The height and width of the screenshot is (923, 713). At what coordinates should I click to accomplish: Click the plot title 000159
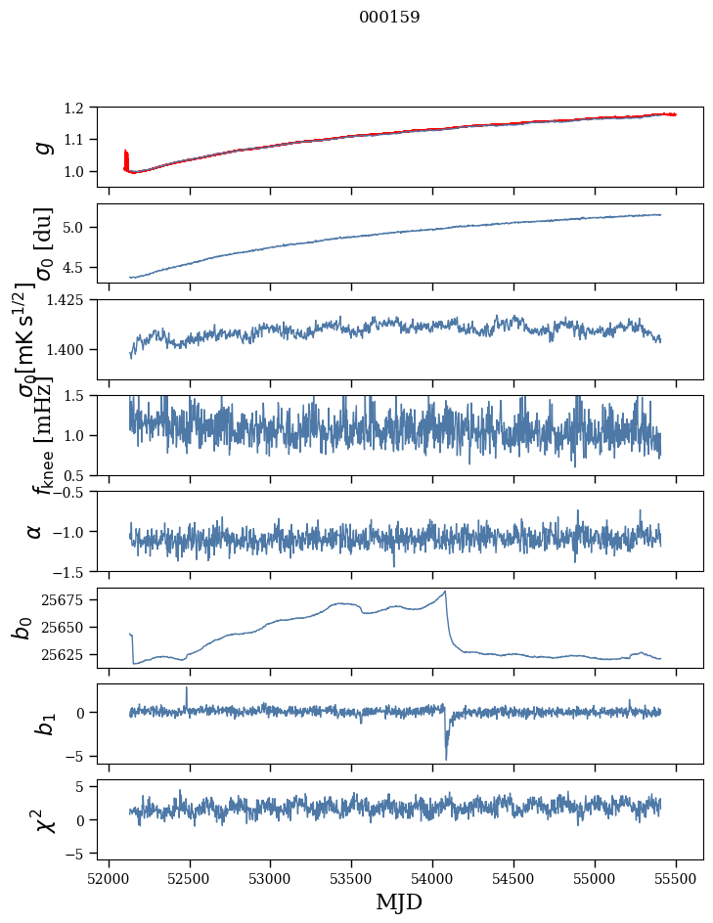[389, 17]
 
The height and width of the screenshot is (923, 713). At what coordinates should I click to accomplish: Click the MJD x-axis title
[399, 901]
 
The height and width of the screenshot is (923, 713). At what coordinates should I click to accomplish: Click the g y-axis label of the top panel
[42, 146]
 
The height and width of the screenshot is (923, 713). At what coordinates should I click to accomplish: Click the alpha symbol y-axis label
[35, 531]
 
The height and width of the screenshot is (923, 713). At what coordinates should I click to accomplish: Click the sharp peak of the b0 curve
[446, 592]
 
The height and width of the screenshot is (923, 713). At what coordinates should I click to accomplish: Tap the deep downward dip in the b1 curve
[446, 758]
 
